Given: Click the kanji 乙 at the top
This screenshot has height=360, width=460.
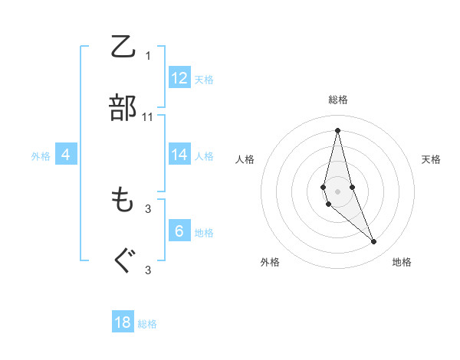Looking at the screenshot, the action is (x=123, y=47).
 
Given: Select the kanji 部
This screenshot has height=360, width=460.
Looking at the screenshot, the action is (x=123, y=109).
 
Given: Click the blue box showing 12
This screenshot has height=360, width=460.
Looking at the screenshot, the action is (x=179, y=78).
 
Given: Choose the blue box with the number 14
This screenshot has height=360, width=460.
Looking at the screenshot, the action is (x=179, y=155).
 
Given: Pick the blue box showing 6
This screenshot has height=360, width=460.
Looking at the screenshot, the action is (x=179, y=231).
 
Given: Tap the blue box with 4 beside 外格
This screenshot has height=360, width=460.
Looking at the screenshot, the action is (x=66, y=155).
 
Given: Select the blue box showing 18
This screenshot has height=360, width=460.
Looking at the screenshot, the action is (x=123, y=322).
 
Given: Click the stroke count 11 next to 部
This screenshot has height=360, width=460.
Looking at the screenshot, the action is (x=148, y=117).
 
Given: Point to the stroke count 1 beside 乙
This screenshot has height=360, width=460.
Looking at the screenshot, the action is (x=148, y=55).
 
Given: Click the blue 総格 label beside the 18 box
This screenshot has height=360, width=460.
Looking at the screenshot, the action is (x=147, y=324).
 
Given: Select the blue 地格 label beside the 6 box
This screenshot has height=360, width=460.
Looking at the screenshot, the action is (x=204, y=232).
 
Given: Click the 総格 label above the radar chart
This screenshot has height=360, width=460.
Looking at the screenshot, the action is (x=338, y=100).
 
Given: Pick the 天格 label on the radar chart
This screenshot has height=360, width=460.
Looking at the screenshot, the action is (x=431, y=159).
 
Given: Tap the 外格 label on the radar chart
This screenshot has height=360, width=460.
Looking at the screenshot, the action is (x=270, y=262).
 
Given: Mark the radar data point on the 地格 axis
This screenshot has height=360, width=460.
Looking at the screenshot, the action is (x=374, y=242).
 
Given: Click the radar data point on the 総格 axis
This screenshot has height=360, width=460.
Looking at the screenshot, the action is (x=338, y=129).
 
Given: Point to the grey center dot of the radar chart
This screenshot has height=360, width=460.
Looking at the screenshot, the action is (x=338, y=191).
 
